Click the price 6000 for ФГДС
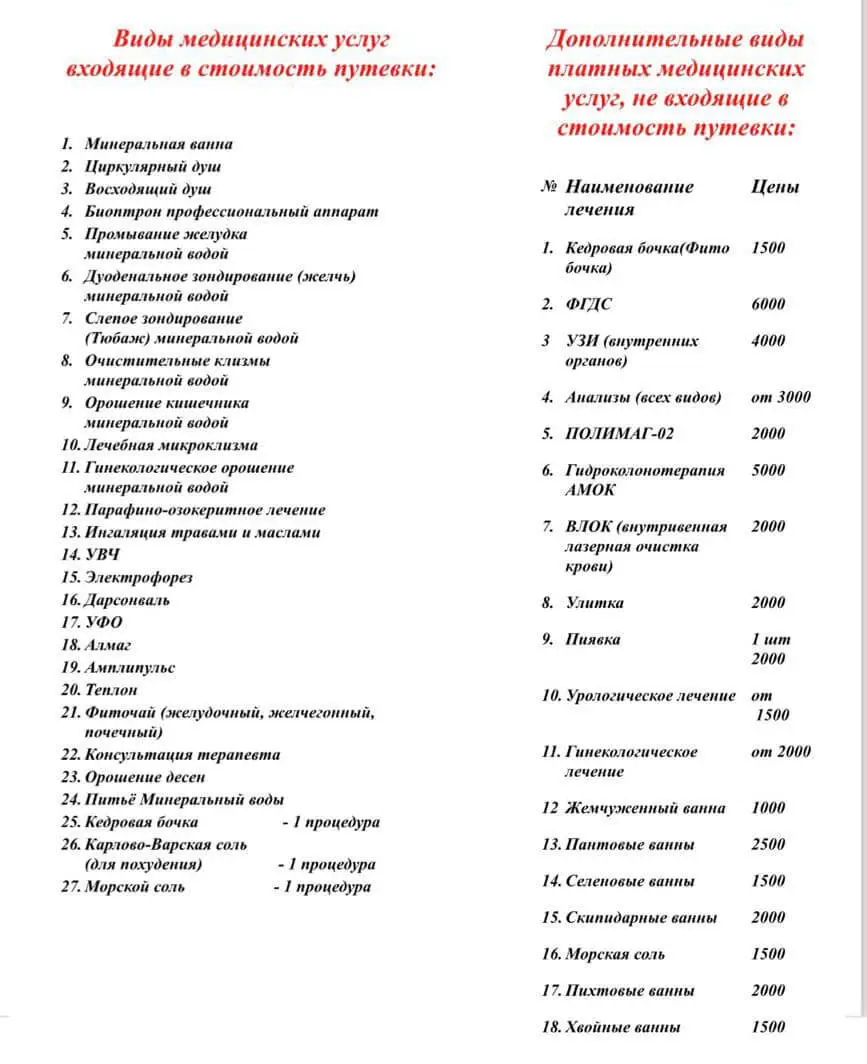[768, 304]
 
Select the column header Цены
[775, 187]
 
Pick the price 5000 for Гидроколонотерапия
[768, 470]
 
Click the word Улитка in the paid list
[595, 603]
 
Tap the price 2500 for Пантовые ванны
[768, 845]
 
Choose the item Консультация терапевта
[182, 755]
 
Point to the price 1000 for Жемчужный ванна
[768, 808]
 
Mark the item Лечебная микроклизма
[171, 445]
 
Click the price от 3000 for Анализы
[780, 397]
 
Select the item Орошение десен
[145, 777]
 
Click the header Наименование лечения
[629, 197]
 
